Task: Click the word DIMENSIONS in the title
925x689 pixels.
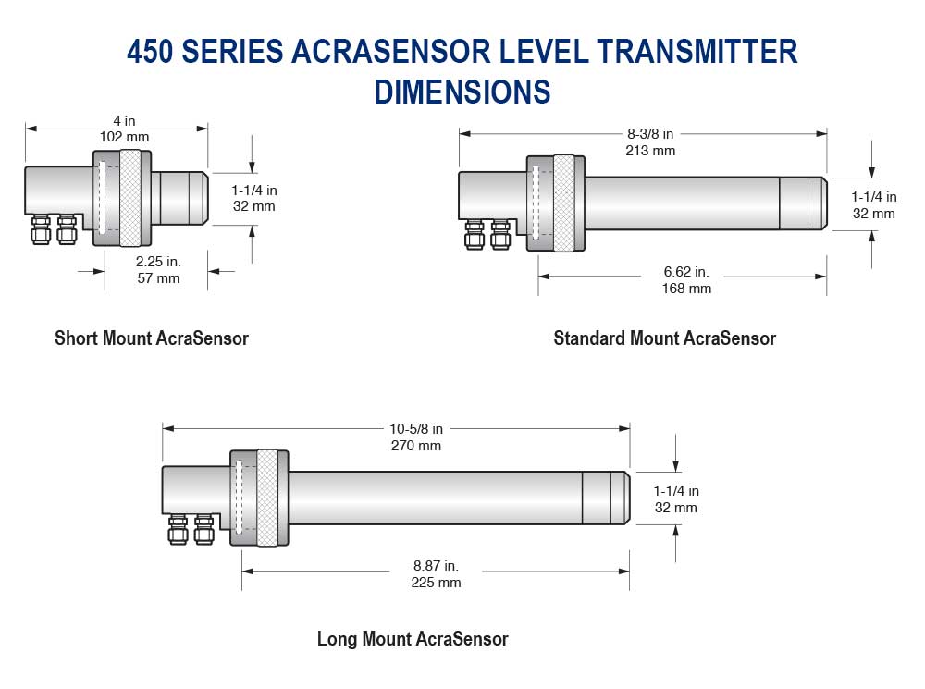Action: click(462, 91)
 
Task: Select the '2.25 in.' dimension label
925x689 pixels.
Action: click(155, 262)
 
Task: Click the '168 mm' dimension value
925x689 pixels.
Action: click(686, 288)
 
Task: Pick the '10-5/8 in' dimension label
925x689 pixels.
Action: click(414, 429)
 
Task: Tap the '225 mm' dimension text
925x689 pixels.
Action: click(436, 582)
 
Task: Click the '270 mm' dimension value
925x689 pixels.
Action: click(414, 445)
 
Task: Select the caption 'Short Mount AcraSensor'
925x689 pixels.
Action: click(152, 338)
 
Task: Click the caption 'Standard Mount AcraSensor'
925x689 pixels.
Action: click(664, 338)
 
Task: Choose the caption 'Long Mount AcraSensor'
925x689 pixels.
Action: click(413, 638)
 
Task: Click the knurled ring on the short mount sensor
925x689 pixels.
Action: click(130, 198)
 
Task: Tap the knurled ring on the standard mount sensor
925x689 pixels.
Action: click(563, 202)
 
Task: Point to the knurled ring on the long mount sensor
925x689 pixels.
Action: click(268, 498)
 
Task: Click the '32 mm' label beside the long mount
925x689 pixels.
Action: click(676, 508)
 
